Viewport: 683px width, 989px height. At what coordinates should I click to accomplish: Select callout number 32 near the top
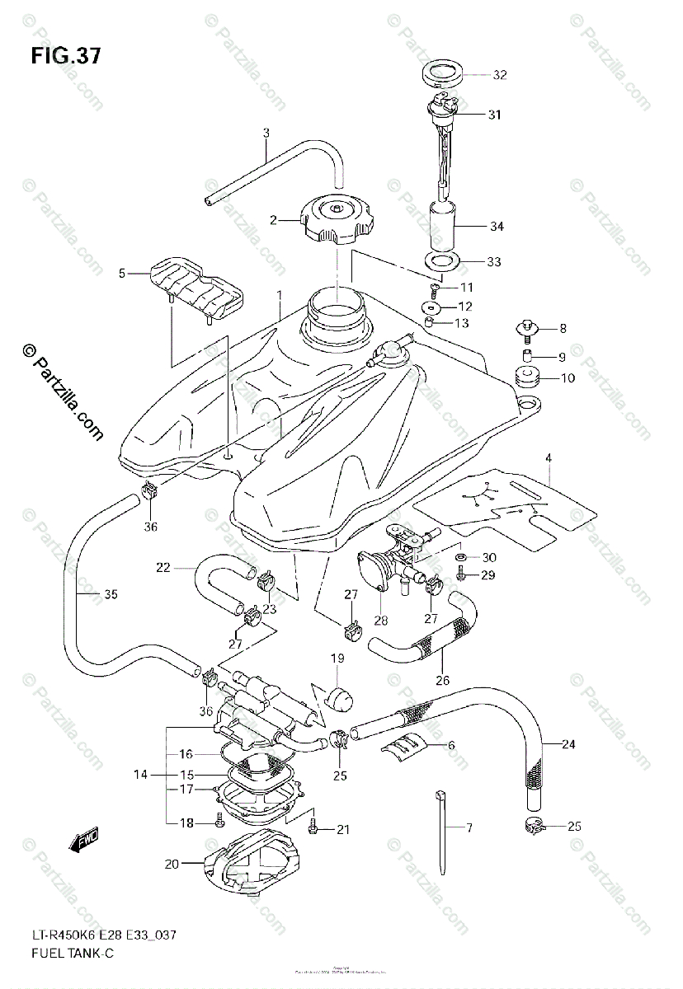pos(500,75)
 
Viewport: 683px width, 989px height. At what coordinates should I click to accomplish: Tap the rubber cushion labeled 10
pos(525,379)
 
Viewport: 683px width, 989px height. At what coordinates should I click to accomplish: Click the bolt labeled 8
pos(525,330)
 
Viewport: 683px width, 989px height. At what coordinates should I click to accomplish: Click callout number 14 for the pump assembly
pos(141,775)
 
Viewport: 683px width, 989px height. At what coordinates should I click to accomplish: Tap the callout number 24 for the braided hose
pos(569,745)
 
